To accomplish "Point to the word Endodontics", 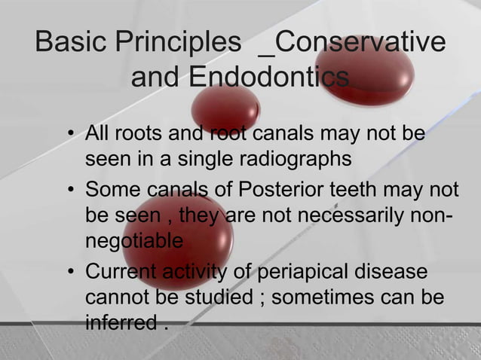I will tap(268, 77).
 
